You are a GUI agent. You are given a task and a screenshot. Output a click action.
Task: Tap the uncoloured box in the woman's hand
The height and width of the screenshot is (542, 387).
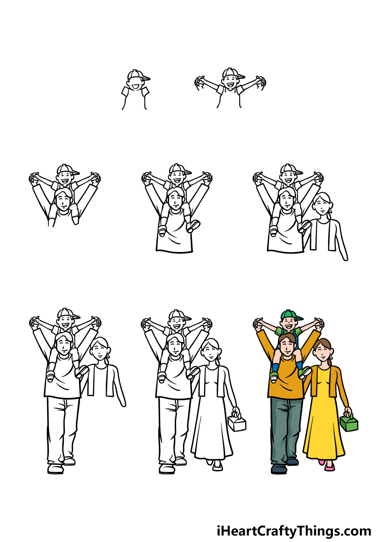point(237,424)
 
